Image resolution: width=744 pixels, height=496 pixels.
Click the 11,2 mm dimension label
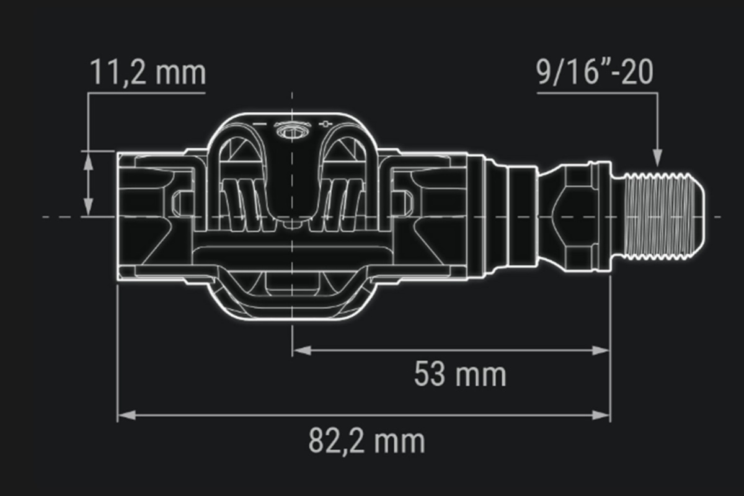click(148, 73)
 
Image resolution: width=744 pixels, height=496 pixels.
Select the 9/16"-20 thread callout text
click(595, 73)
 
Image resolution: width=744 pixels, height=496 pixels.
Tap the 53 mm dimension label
click(460, 374)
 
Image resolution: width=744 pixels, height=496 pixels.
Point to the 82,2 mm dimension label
click(366, 441)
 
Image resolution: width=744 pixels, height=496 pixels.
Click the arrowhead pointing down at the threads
click(657, 157)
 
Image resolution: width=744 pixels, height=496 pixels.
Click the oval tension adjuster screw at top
click(292, 132)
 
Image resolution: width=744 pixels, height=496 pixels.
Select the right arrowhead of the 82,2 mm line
click(601, 415)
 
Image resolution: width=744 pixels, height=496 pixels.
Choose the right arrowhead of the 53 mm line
click(600, 350)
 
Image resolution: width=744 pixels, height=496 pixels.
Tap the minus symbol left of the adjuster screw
click(259, 124)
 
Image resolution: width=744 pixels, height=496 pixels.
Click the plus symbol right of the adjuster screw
click(325, 124)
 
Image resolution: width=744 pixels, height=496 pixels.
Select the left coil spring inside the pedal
click(249, 205)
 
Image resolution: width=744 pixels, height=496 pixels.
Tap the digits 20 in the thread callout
click(637, 73)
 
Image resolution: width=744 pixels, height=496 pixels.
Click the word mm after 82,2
click(399, 442)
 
